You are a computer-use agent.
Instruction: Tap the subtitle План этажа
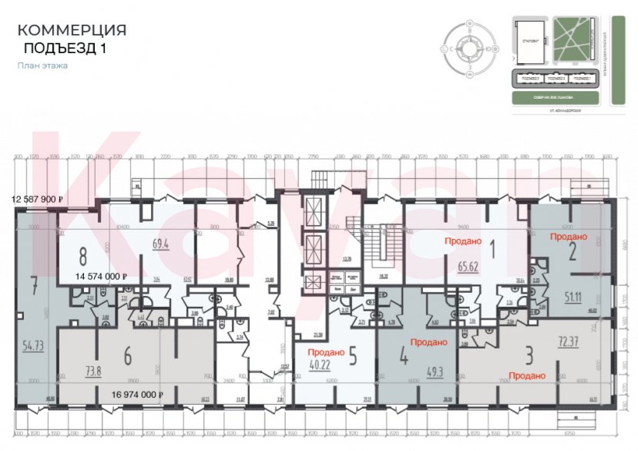click(x=42, y=66)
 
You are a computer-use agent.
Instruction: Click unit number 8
click(x=83, y=255)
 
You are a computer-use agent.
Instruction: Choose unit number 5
click(x=352, y=356)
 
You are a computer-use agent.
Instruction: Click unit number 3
click(x=529, y=355)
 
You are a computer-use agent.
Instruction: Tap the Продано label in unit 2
click(x=569, y=237)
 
